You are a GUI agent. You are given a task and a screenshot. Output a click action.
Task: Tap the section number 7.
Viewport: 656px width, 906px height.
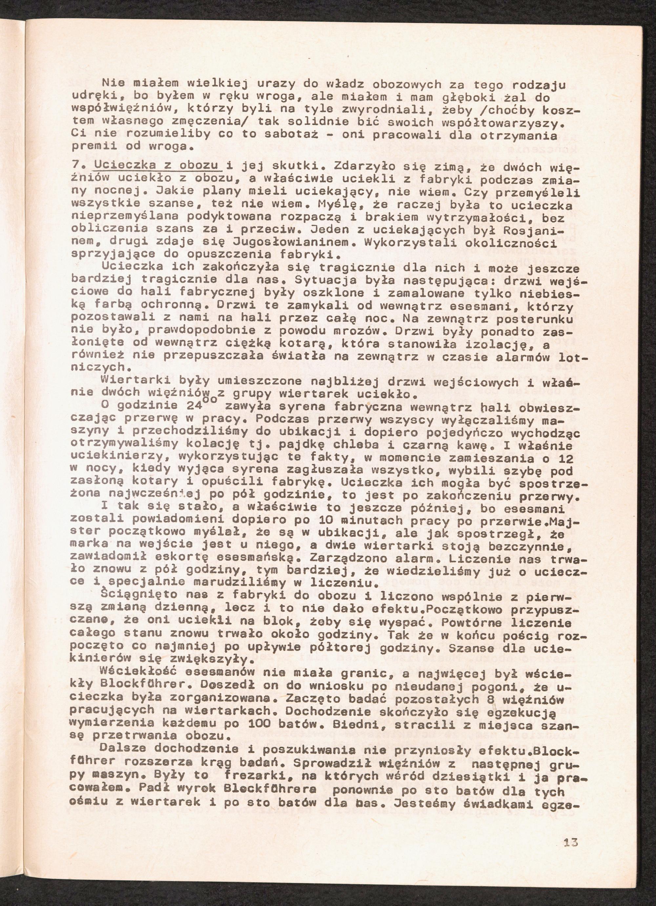[x=75, y=166]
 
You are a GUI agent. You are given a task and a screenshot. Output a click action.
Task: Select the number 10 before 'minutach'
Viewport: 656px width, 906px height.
[x=320, y=522]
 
